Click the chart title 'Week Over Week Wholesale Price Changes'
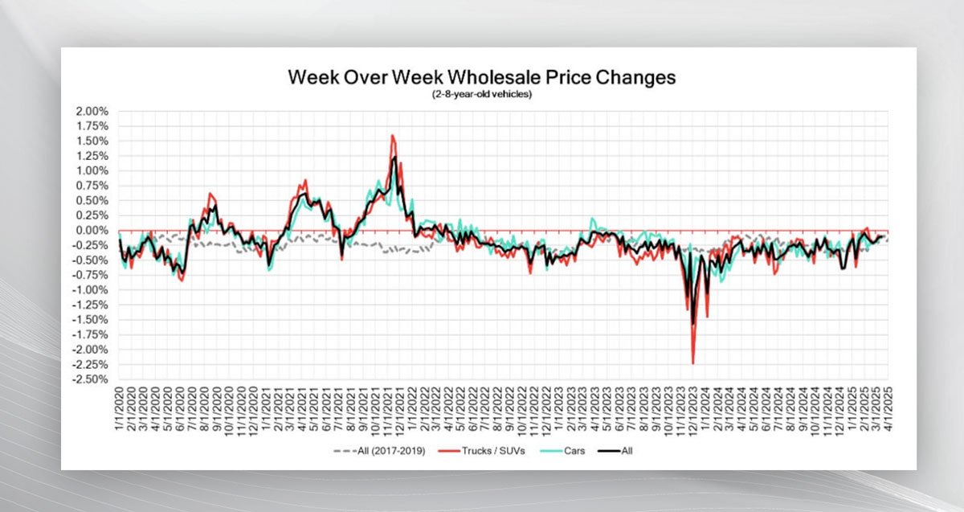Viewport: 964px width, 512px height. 481,78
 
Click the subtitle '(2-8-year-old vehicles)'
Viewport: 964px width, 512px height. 481,94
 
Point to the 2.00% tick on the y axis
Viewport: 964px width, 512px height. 93,111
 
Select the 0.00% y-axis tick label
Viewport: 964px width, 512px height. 93,230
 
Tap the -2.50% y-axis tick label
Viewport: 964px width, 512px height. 92,379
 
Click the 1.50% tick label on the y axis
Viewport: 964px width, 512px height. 93,141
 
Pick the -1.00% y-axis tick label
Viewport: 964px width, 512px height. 92,289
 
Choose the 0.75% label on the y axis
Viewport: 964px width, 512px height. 93,186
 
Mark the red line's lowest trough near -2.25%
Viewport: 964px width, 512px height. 692,363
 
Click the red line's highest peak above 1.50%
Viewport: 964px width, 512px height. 391,135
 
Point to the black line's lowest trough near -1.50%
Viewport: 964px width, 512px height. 692,323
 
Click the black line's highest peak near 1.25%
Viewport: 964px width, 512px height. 394,158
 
